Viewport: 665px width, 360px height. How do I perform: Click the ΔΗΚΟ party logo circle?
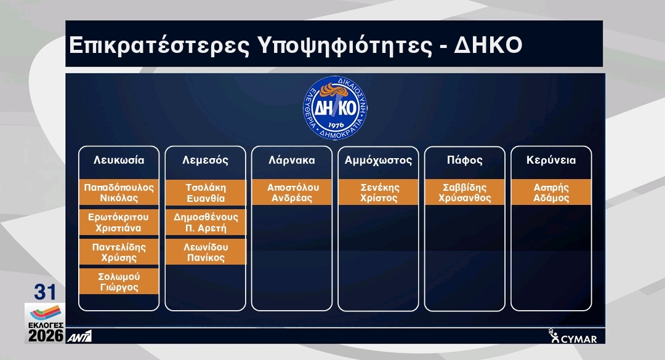tap(335, 108)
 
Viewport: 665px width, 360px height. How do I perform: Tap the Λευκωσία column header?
tap(119, 160)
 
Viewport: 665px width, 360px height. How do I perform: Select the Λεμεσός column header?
tap(205, 160)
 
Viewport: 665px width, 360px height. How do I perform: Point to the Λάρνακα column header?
tap(292, 160)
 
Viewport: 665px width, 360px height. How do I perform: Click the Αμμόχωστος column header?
tap(378, 160)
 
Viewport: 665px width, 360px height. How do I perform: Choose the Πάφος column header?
tap(465, 160)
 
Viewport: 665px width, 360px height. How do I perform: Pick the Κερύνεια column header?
tap(551, 160)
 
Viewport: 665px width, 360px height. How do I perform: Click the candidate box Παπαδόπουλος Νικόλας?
tap(119, 193)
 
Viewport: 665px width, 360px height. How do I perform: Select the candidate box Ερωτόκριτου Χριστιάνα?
tap(119, 222)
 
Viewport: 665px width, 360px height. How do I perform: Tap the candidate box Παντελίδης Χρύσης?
tap(119, 252)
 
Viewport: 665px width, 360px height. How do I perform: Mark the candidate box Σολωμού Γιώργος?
tap(119, 282)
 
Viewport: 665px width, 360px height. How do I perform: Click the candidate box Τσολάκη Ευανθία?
tap(206, 193)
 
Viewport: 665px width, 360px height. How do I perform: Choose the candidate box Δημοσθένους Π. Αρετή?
tap(206, 222)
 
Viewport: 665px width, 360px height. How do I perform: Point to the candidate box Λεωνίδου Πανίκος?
tap(206, 252)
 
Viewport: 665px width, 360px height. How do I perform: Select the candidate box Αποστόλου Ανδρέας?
tap(292, 193)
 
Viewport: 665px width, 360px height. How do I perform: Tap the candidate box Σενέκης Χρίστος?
tap(378, 193)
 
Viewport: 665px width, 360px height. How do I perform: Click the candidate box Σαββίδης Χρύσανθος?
tap(465, 193)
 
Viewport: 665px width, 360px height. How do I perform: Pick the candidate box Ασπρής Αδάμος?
tap(551, 193)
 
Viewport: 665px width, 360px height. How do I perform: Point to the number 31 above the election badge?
tap(45, 292)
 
